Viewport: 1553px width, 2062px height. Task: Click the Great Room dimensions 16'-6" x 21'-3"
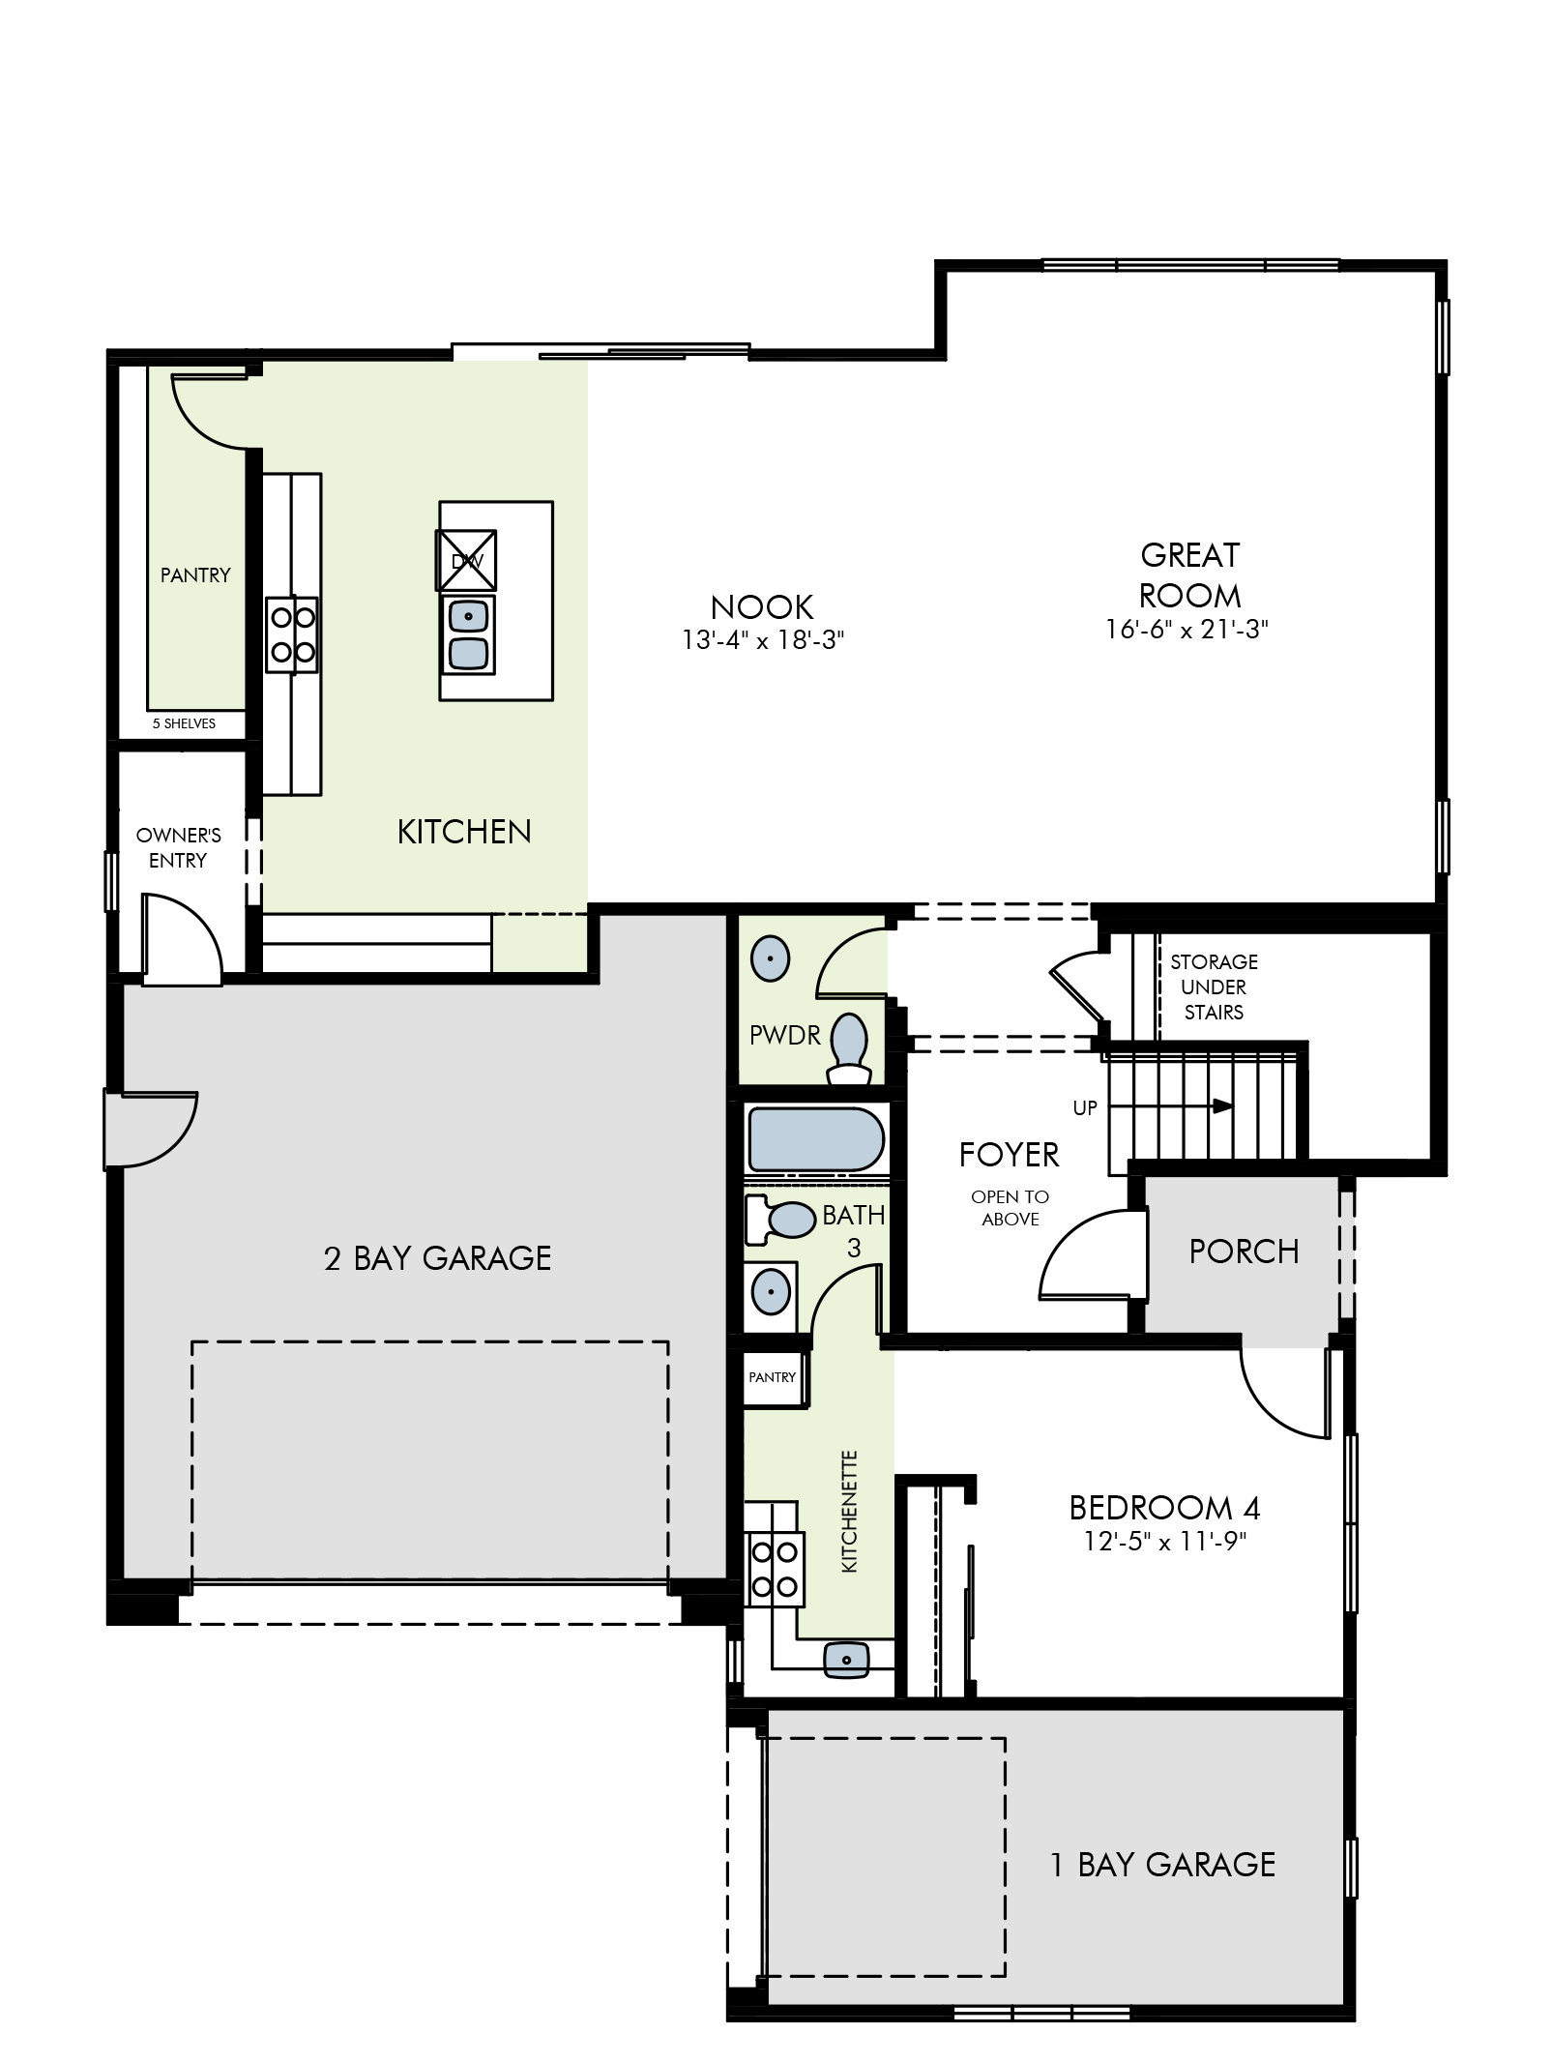click(1187, 630)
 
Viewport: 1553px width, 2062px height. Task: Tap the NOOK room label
click(762, 607)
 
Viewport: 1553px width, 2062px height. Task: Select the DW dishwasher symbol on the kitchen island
click(466, 560)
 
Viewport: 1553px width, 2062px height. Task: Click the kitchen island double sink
click(468, 633)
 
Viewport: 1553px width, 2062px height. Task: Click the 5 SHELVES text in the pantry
click(184, 723)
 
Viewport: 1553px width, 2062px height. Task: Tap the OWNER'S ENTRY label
click(179, 847)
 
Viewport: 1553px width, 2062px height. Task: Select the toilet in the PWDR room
click(850, 1048)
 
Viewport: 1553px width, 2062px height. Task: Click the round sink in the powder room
click(770, 959)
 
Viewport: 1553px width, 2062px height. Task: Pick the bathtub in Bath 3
click(815, 1138)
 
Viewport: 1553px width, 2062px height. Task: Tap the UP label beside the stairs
click(1085, 1108)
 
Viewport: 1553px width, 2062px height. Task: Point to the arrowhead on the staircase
click(1223, 1105)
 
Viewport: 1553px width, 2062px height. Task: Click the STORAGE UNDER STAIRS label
click(1214, 987)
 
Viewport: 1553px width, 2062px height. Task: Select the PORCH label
click(1244, 1252)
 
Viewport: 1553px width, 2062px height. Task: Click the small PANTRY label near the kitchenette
click(772, 1377)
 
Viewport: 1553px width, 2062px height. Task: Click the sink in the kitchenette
click(846, 1660)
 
